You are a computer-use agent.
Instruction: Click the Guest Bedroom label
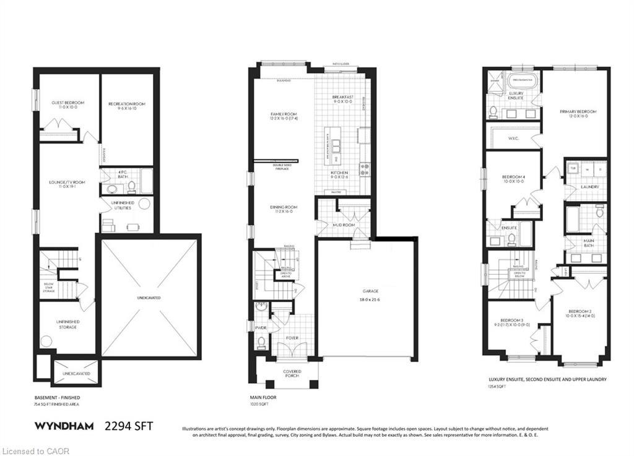click(68, 103)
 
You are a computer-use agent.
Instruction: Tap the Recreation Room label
click(126, 103)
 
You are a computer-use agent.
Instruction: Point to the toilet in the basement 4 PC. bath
click(113, 189)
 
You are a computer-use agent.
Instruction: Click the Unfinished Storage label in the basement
click(67, 324)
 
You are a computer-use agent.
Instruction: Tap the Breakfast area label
click(342, 98)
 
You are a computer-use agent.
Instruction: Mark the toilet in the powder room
click(261, 340)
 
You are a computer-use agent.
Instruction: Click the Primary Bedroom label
click(578, 112)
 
